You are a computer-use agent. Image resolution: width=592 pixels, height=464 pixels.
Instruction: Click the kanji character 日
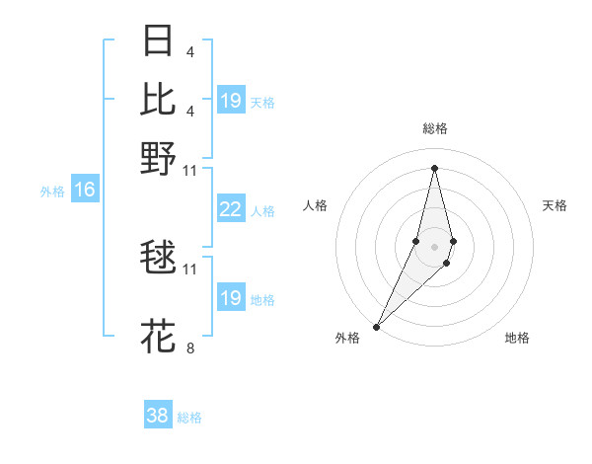coord(159,40)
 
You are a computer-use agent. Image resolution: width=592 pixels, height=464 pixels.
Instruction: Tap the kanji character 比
coord(159,99)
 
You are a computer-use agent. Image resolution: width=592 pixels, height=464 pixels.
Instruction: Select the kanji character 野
coord(159,157)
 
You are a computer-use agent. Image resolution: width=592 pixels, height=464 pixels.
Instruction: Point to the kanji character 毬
coord(159,257)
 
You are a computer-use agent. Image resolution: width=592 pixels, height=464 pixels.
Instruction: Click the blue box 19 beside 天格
coord(231,101)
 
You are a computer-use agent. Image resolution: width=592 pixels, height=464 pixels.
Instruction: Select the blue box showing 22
coord(231,209)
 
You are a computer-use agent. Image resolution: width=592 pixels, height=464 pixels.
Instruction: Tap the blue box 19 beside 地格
coord(231,298)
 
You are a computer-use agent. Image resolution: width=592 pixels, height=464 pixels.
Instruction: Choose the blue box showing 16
coord(85,190)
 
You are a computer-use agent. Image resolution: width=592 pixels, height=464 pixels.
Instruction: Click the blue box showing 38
coord(158,416)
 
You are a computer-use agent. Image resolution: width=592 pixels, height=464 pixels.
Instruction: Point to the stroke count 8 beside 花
coord(190,348)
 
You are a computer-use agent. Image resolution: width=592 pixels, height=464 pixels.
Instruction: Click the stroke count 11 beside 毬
coord(190,268)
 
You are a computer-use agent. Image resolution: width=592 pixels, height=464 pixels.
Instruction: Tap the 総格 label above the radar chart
coord(434,128)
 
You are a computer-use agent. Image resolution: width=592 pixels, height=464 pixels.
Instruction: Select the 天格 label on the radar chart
coord(555,205)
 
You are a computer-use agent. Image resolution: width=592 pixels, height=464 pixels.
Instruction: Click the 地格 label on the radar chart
coord(517,338)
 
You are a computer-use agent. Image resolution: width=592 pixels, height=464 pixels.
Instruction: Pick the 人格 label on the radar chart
coord(315,205)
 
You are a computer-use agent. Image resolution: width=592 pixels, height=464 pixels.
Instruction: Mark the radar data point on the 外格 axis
coord(376,326)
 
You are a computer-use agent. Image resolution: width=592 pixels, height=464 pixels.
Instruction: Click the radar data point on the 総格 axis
coord(434,168)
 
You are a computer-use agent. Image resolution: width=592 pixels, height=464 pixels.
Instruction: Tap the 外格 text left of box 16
coord(52,192)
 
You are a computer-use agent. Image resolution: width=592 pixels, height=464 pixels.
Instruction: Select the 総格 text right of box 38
coord(189,418)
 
